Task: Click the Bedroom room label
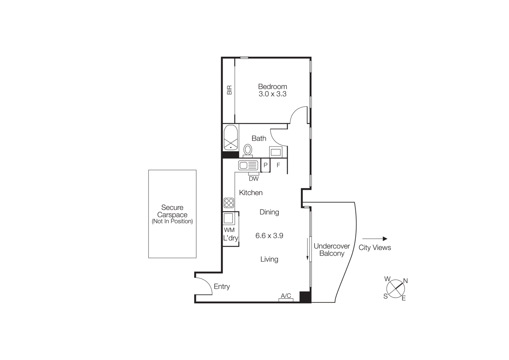272,87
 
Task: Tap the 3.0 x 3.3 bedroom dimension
272,94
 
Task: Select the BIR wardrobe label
229,90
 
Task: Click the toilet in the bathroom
248,150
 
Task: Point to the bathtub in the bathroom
231,138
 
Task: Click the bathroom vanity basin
275,152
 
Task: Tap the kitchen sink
248,166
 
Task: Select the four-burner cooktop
229,203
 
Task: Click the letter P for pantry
265,165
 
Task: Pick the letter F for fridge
278,165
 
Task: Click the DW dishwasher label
254,179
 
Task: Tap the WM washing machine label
229,230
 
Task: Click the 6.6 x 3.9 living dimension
269,236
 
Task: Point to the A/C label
286,296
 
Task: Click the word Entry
222,286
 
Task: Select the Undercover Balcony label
331,250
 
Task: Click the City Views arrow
374,239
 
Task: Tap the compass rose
395,289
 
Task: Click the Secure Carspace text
172,211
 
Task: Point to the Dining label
269,212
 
